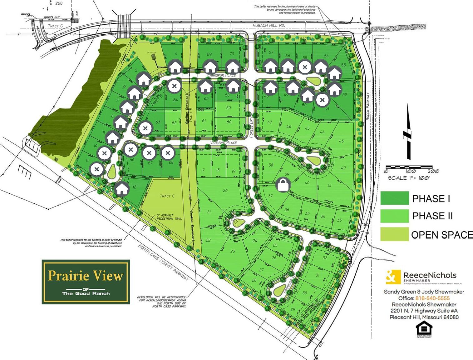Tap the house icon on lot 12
(x=122, y=188)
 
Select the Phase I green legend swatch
(x=394, y=198)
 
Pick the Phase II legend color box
(x=394, y=216)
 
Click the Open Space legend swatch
(x=394, y=234)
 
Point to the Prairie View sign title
(x=86, y=276)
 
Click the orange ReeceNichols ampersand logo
(x=393, y=277)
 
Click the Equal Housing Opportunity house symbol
(x=424, y=329)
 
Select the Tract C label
(x=167, y=196)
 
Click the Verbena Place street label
(x=223, y=143)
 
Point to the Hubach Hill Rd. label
(x=269, y=25)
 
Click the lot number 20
(x=225, y=190)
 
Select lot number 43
(x=341, y=141)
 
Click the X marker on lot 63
(x=145, y=128)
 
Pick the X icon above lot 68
(x=168, y=153)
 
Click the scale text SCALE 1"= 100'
(x=409, y=178)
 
